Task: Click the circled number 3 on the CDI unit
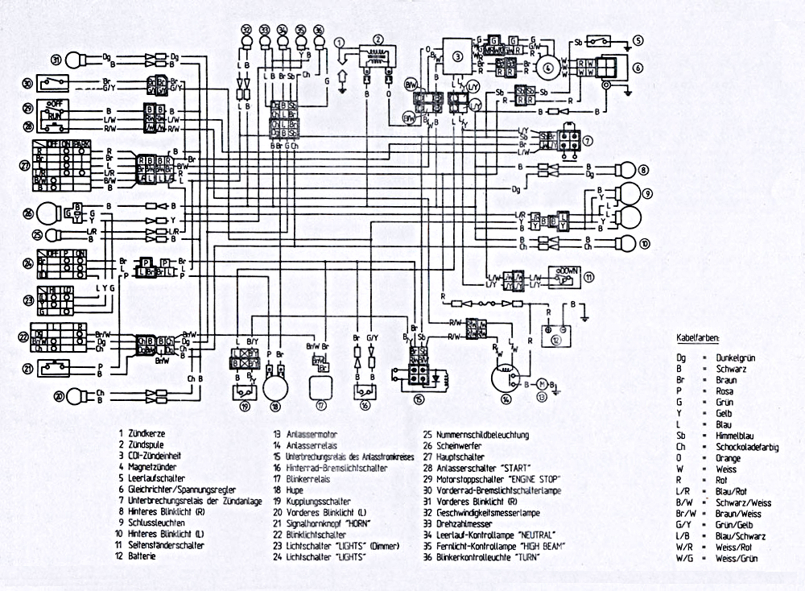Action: (458, 56)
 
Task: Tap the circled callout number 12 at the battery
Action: (556, 341)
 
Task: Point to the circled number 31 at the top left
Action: (56, 60)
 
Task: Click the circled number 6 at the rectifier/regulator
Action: (638, 68)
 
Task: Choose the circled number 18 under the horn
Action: (276, 407)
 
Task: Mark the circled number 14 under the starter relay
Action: (506, 400)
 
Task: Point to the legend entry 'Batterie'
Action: (142, 556)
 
